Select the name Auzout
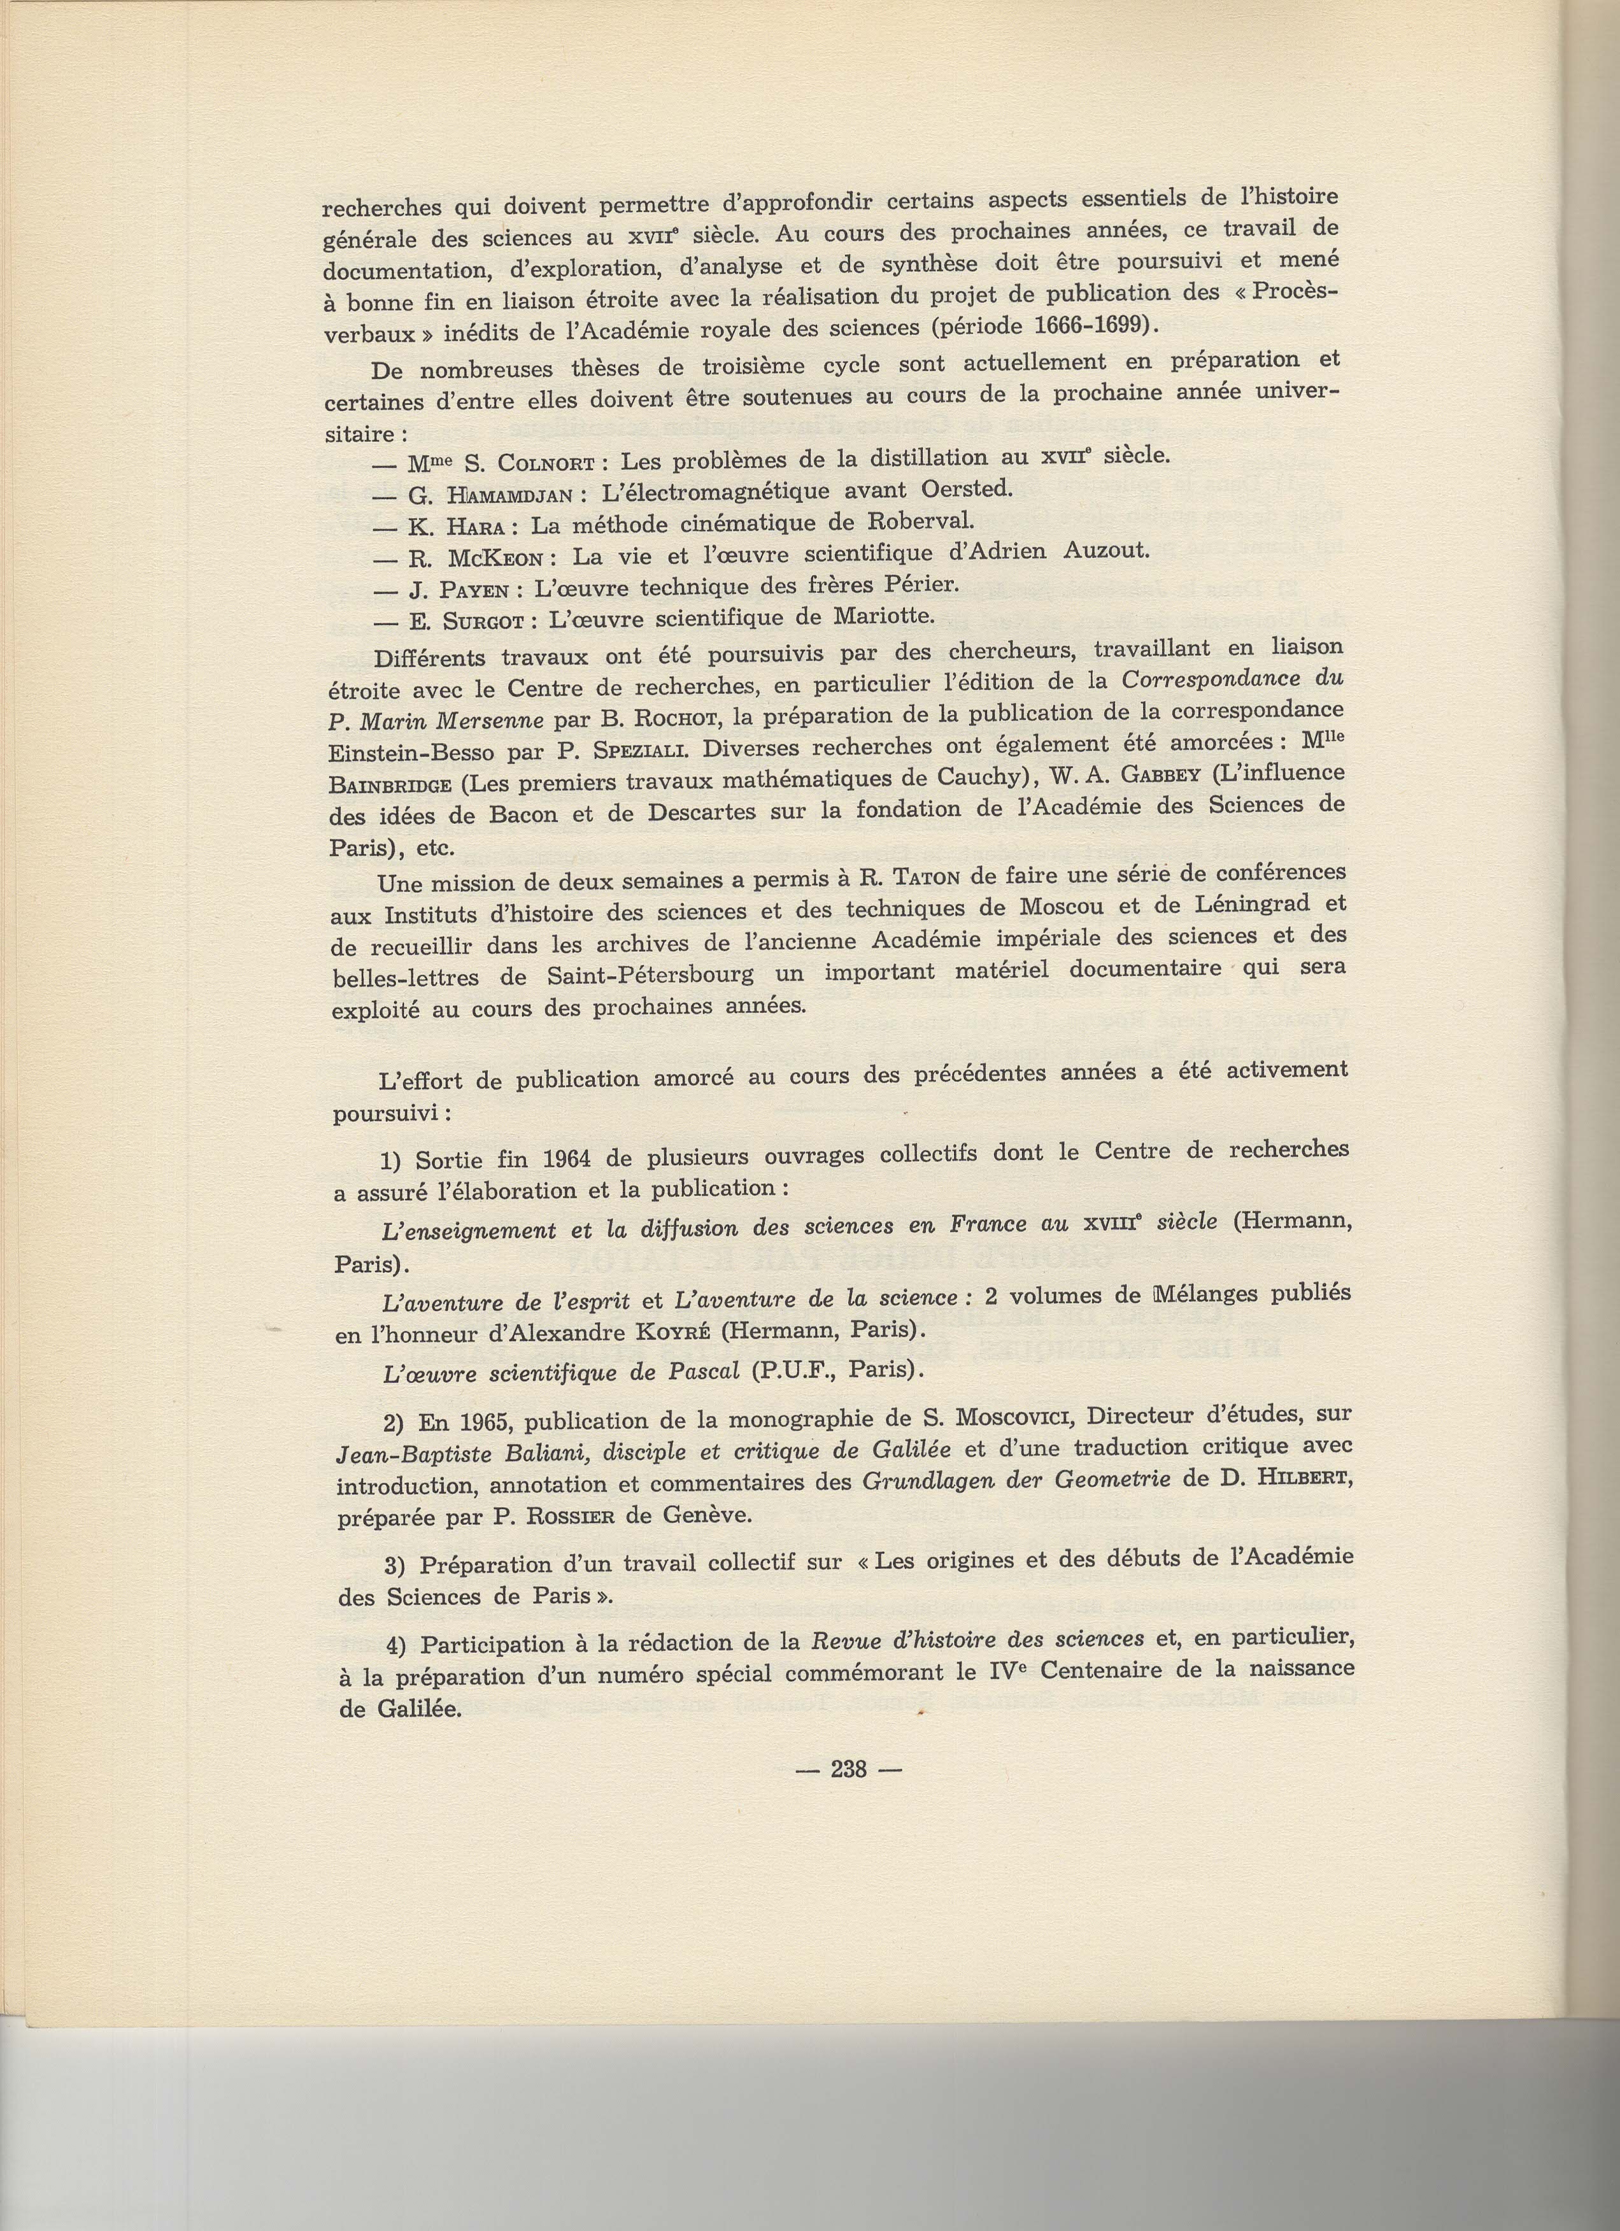(x=1105, y=550)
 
